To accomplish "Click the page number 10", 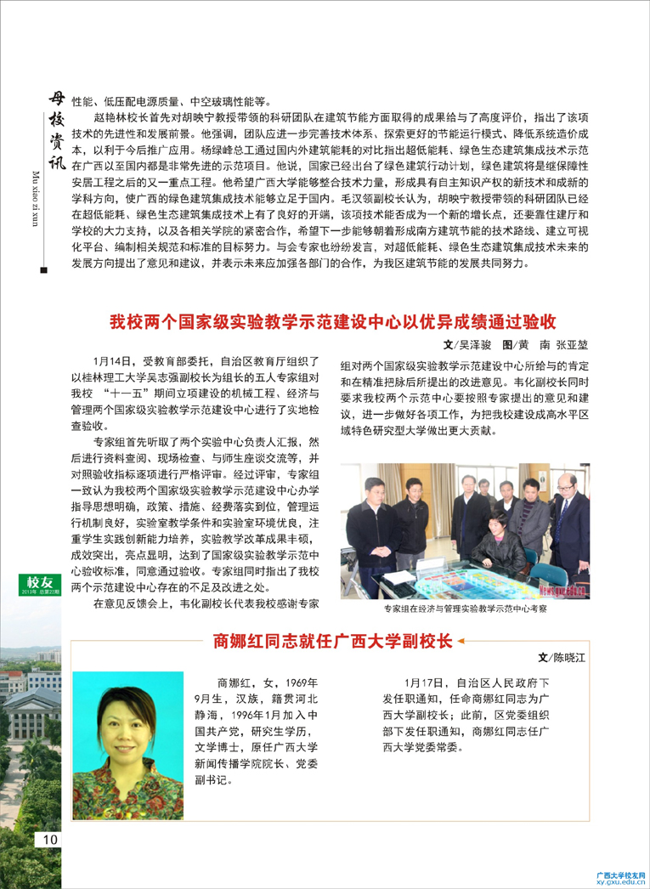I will (x=47, y=839).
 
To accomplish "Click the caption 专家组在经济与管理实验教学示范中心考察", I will (x=464, y=609).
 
